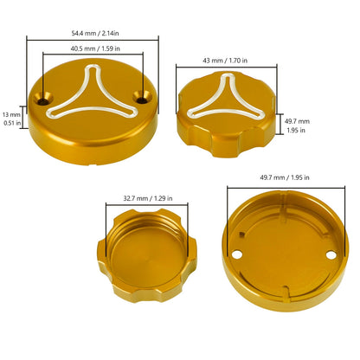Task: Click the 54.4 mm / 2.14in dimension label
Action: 95,33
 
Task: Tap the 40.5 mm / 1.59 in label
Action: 95,48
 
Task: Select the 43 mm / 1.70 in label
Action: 225,61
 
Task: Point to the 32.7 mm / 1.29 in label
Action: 148,198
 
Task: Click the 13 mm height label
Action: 11,115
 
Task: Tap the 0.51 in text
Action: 12,123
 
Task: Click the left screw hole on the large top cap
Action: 43,100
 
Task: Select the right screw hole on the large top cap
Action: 142,99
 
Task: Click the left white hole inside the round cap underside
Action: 237,254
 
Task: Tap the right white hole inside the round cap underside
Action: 331,255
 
